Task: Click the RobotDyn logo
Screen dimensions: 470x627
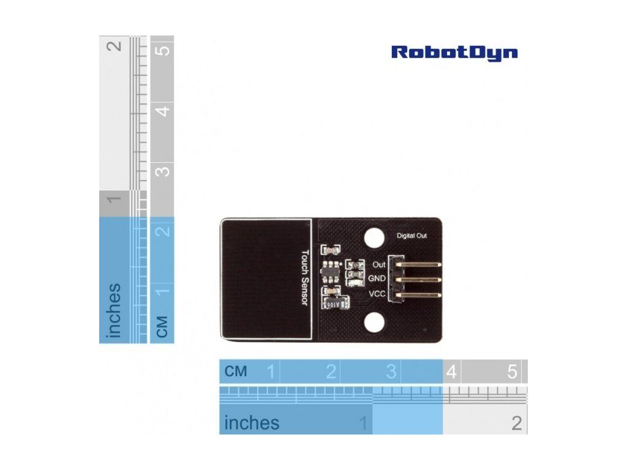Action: tap(454, 53)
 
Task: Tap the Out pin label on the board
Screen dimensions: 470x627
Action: tap(378, 265)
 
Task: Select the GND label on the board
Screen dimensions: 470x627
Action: tap(377, 278)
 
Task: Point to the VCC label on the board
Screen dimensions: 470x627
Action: tap(377, 294)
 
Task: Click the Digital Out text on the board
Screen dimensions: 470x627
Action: tap(411, 236)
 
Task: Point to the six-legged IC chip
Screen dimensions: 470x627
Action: tap(329, 270)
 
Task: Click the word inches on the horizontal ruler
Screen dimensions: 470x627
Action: tap(252, 423)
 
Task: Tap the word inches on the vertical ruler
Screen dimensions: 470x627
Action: tap(113, 310)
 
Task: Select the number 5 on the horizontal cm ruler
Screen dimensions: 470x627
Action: tap(512, 371)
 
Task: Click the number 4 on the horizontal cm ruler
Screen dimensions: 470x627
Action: tap(451, 371)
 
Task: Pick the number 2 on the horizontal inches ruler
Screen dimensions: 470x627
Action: tap(517, 423)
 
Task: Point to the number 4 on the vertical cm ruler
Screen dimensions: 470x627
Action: tap(162, 111)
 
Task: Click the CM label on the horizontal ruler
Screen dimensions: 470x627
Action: tap(236, 371)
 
